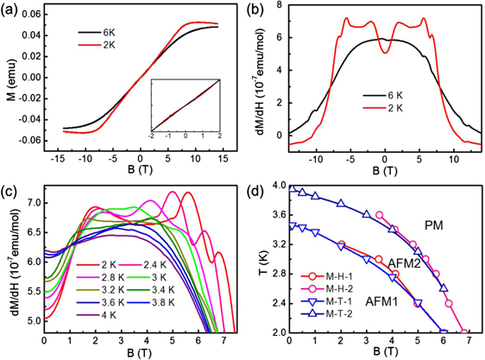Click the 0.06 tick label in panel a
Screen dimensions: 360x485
32,16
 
